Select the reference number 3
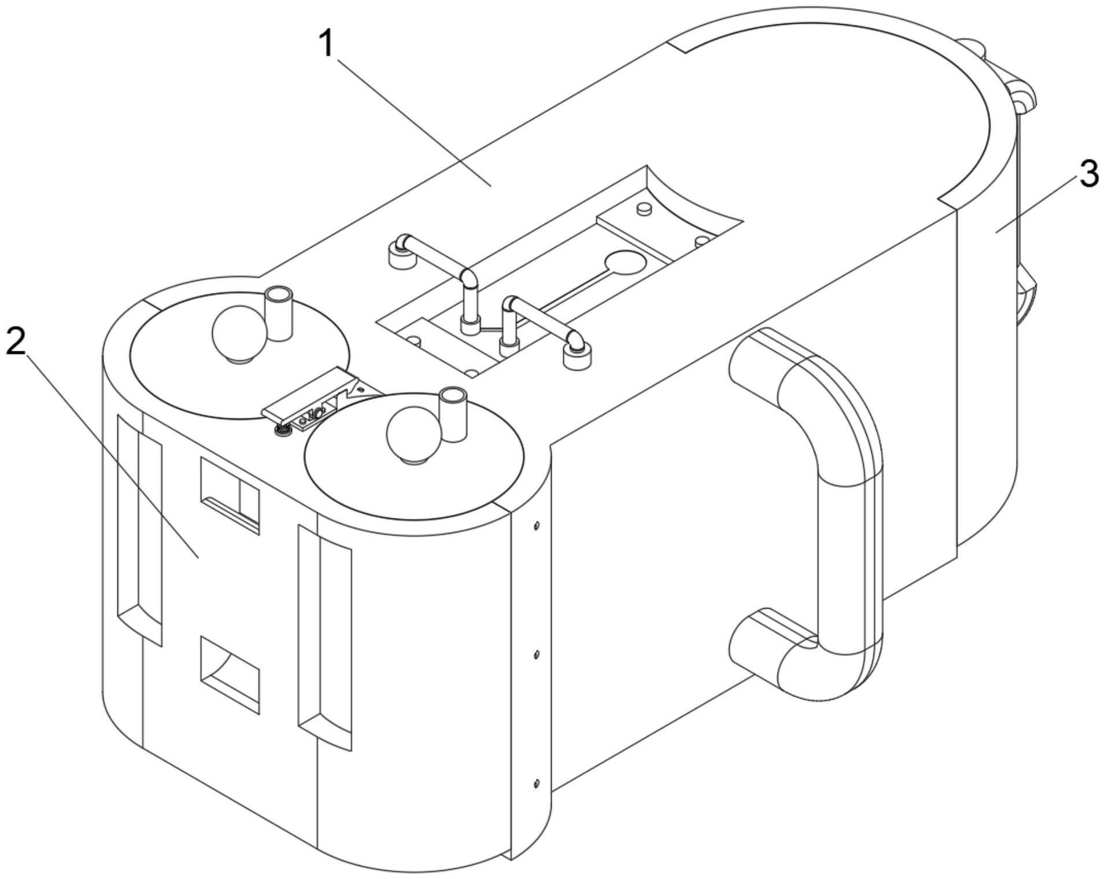tap(1089, 174)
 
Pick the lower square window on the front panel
tap(230, 673)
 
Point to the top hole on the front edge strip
tap(537, 526)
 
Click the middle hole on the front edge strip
tap(537, 654)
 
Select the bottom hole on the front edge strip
tap(537, 784)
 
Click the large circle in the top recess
tap(624, 263)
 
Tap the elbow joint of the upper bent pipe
tap(470, 277)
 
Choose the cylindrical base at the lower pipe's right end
tap(577, 356)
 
